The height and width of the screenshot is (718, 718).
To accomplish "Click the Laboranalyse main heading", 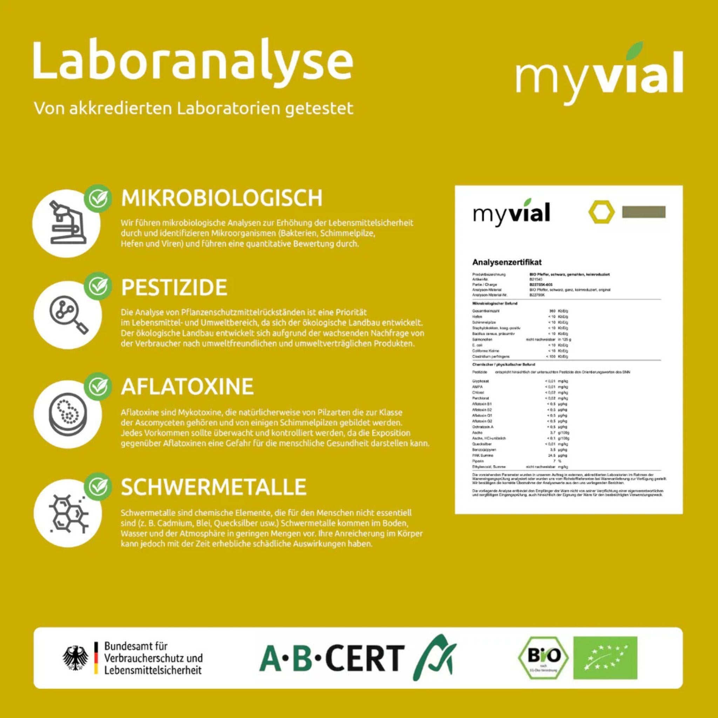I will tap(193, 61).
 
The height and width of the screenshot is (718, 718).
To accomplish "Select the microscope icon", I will tap(67, 223).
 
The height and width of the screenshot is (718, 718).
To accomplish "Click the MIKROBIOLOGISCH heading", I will tap(222, 198).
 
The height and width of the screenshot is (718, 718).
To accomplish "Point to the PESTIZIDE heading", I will tap(174, 287).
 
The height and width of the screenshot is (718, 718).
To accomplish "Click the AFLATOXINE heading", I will tap(187, 386).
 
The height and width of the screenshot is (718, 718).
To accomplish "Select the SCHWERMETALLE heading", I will tap(214, 487).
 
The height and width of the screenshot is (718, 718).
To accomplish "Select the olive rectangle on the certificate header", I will tap(644, 212).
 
